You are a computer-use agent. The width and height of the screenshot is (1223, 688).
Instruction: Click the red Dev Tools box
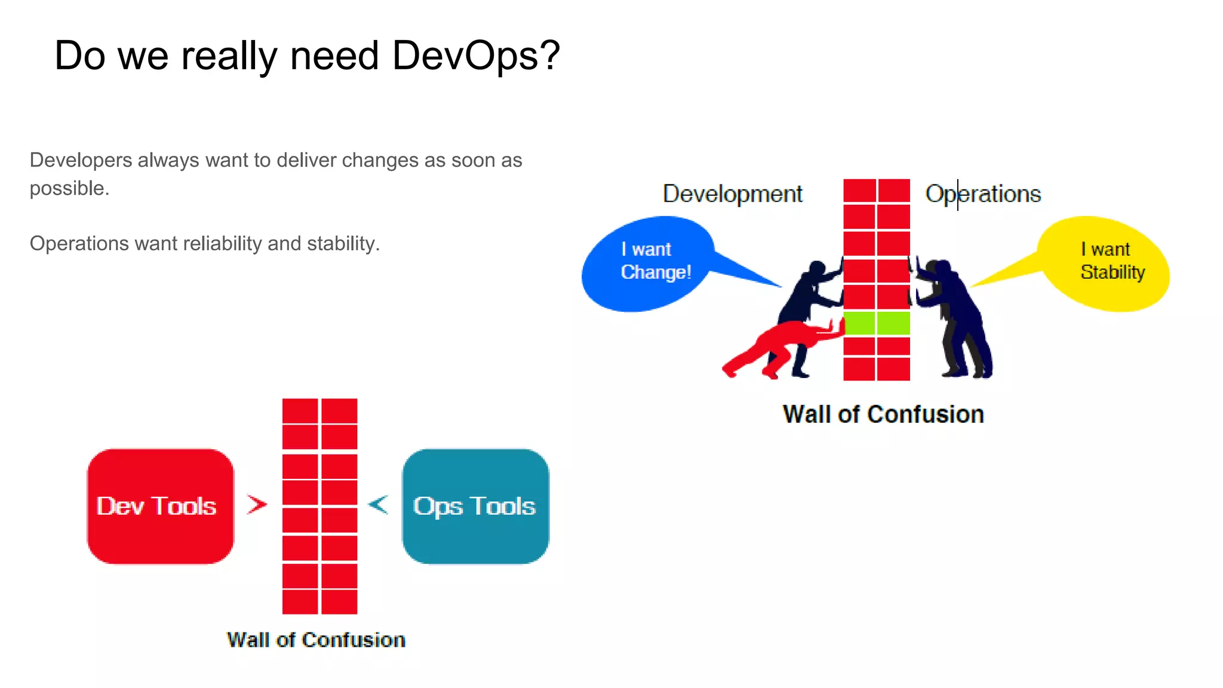click(x=160, y=506)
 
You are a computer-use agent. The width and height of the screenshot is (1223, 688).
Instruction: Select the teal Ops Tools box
click(x=475, y=506)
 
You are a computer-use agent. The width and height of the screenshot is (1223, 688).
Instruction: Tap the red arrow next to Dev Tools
click(x=257, y=505)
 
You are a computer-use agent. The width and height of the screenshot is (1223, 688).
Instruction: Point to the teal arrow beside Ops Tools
click(x=379, y=505)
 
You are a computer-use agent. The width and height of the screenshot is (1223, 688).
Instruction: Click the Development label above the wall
click(x=732, y=194)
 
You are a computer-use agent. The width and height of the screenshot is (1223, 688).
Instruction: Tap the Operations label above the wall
click(x=983, y=194)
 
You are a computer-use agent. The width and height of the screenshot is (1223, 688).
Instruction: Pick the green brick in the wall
click(x=877, y=323)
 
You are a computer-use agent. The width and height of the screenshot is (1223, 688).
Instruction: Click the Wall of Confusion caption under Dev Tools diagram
click(x=316, y=640)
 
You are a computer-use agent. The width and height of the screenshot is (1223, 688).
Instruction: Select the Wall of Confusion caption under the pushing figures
click(x=883, y=414)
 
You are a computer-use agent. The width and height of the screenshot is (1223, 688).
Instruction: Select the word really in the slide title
click(x=230, y=56)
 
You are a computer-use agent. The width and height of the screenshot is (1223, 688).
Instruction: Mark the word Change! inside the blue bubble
click(x=656, y=272)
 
